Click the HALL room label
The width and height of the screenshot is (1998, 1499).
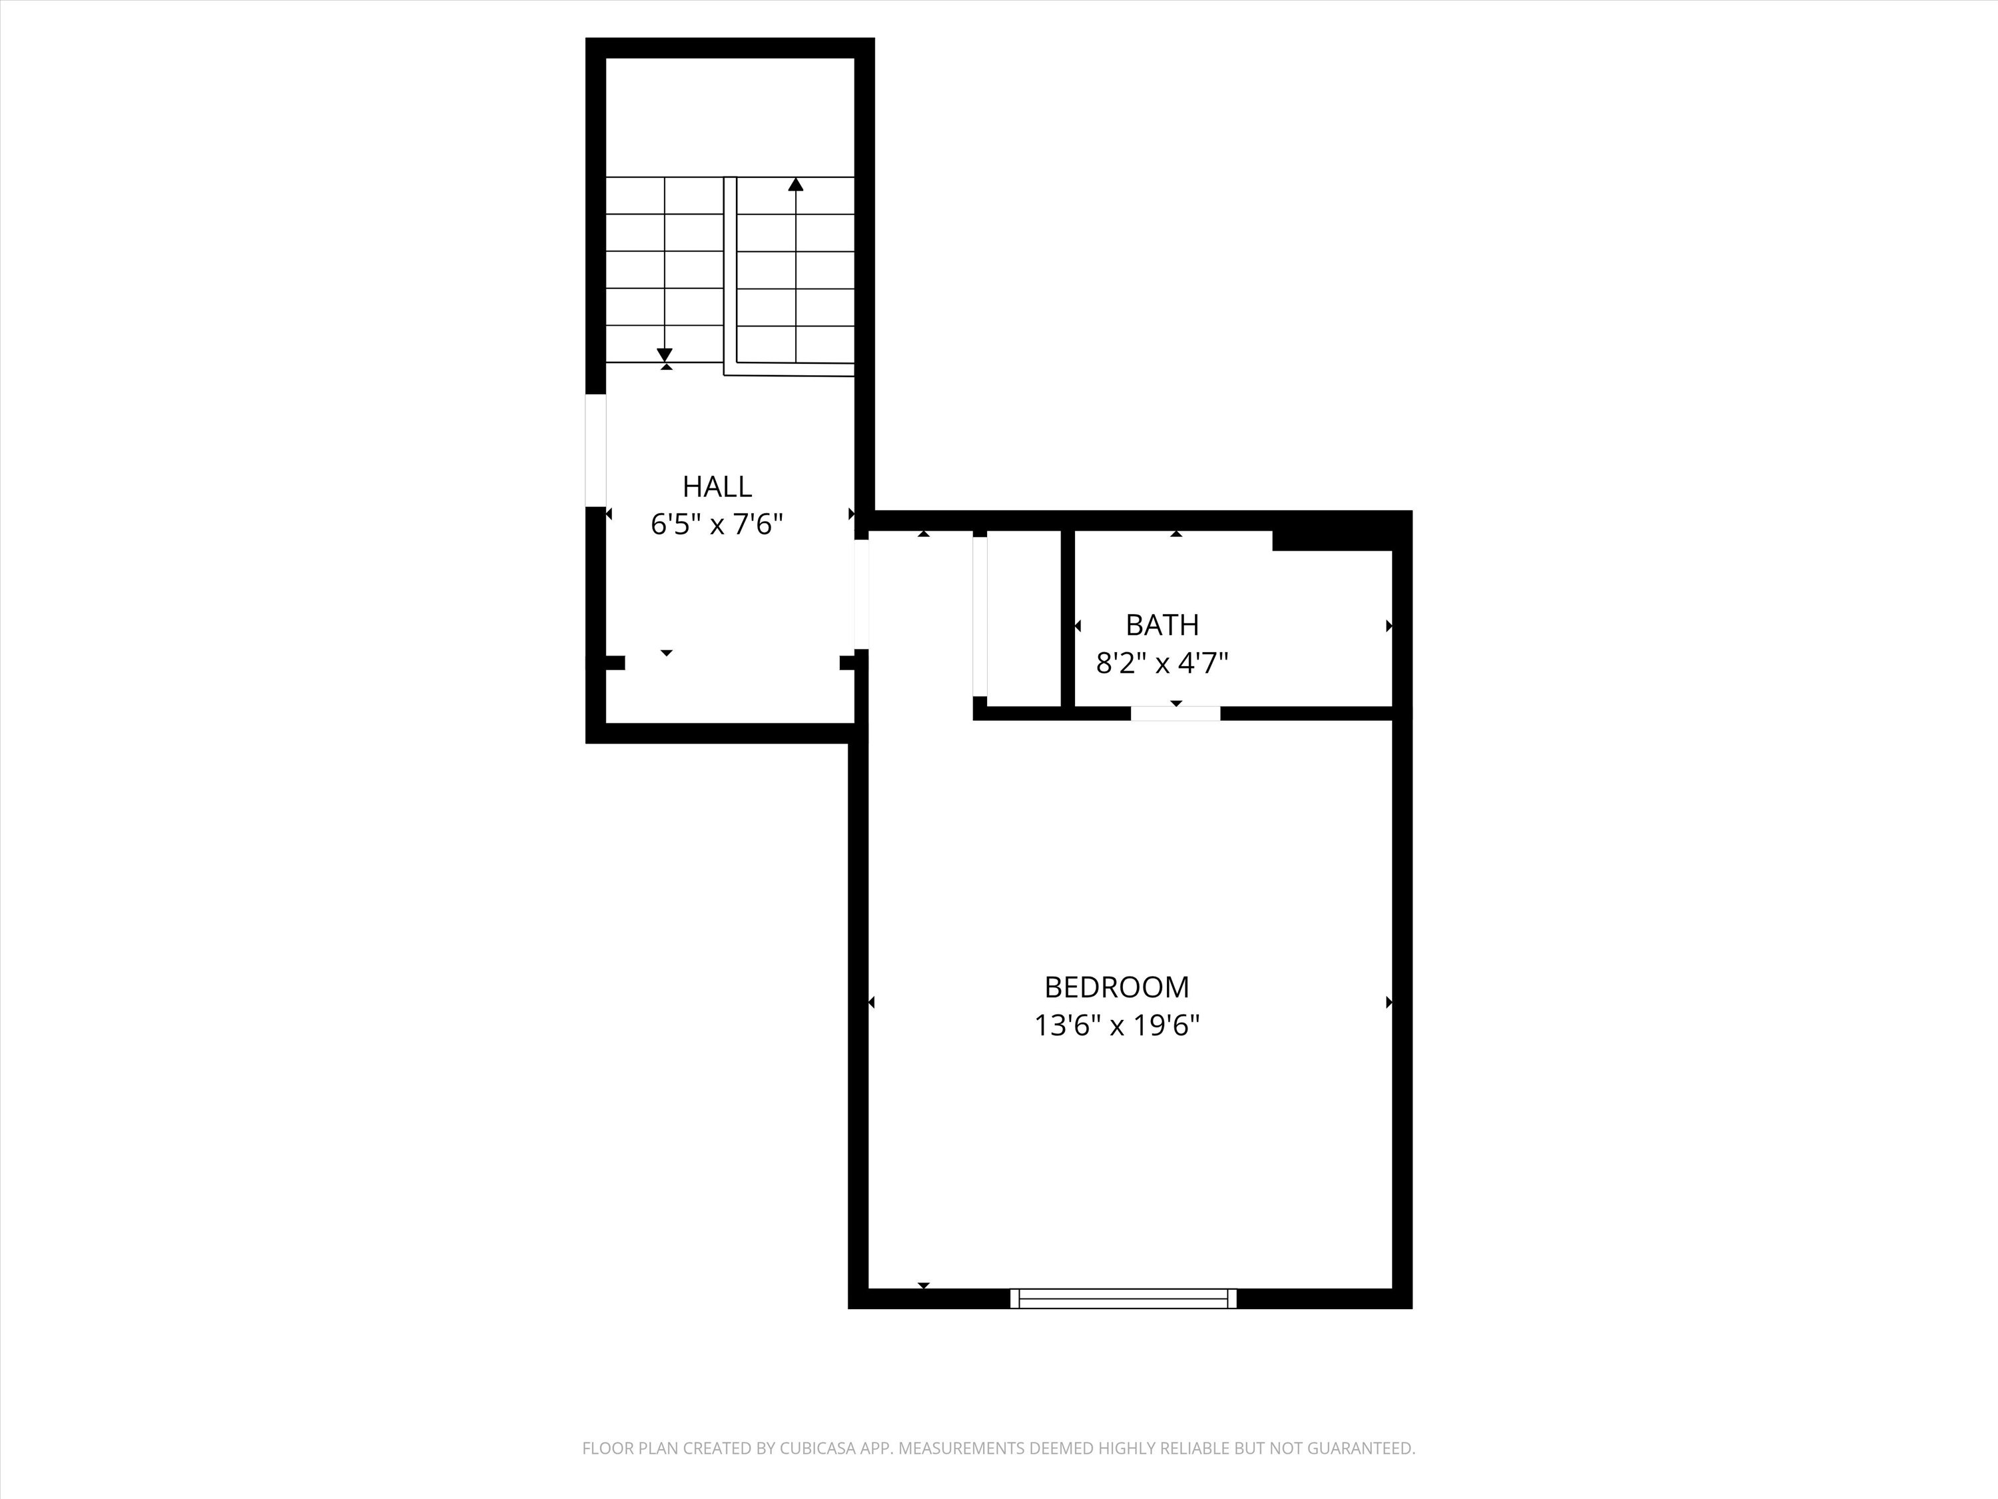716,487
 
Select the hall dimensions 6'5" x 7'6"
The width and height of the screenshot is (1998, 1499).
716,524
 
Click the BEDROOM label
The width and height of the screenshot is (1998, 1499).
1116,987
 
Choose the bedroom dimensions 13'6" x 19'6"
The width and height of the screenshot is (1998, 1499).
1116,1025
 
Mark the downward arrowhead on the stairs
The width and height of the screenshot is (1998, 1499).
665,355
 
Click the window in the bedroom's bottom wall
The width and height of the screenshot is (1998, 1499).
1124,1298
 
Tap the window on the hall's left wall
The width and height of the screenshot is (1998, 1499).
595,450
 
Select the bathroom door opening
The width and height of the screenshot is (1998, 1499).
1175,714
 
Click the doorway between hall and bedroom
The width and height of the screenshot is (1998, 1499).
862,594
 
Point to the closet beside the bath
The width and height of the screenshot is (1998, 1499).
1024,618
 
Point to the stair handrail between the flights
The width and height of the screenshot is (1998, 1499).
730,271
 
